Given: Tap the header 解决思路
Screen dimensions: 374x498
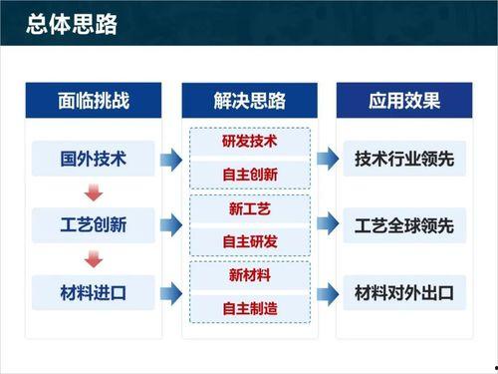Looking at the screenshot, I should [x=249, y=101].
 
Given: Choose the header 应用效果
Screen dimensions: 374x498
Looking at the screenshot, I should [x=404, y=101].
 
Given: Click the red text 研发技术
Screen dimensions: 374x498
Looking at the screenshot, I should [x=249, y=142].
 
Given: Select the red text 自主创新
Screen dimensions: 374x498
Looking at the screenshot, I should [x=249, y=175].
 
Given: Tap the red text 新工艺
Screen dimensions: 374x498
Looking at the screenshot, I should [x=249, y=209].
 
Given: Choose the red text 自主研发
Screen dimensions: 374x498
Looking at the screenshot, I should [x=249, y=242].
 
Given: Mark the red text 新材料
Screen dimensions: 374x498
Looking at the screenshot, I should [x=249, y=276].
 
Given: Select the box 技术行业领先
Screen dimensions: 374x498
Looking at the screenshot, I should [x=404, y=158].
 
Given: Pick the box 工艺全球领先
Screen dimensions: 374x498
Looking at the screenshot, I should [x=404, y=225].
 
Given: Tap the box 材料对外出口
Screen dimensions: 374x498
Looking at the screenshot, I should [x=404, y=293].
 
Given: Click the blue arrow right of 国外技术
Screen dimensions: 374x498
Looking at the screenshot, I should [x=170, y=158].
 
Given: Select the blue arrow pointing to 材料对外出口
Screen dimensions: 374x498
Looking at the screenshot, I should [x=327, y=293].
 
